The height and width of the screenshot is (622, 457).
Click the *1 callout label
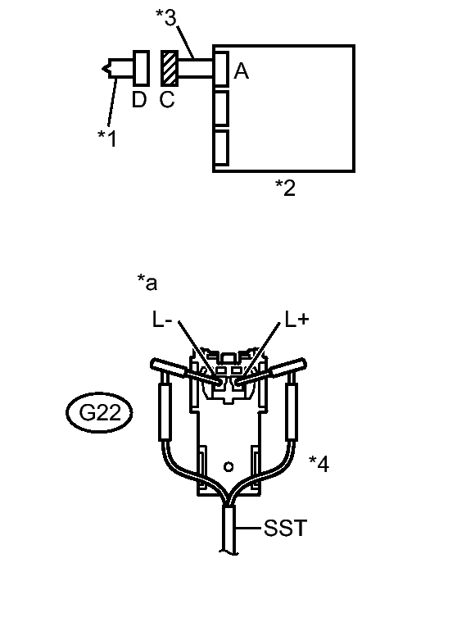107,138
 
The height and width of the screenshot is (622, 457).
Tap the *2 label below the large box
286,188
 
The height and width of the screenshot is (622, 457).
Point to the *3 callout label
166,17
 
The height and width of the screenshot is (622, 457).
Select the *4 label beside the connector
319,464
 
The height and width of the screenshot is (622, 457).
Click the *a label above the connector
147,283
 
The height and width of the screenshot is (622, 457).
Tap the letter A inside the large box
242,71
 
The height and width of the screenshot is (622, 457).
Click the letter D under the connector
139,99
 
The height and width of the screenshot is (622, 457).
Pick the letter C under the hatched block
167,99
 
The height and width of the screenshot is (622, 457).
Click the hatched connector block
170,68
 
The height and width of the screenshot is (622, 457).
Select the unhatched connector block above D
141,68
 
